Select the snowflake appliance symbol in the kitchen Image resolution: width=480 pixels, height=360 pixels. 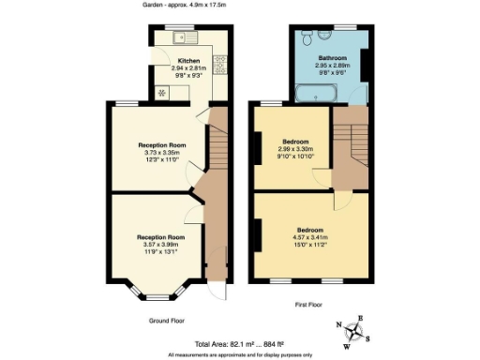tap(160, 92)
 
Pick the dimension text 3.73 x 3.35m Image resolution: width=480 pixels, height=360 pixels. tap(158, 152)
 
